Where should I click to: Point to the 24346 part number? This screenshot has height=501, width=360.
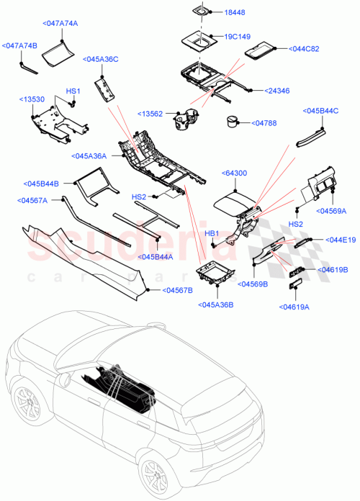[x=276, y=91]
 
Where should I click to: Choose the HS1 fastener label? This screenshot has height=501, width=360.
[x=73, y=91]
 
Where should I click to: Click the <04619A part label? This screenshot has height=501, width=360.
[x=293, y=307]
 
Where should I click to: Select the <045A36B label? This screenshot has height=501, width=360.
[x=215, y=305]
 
